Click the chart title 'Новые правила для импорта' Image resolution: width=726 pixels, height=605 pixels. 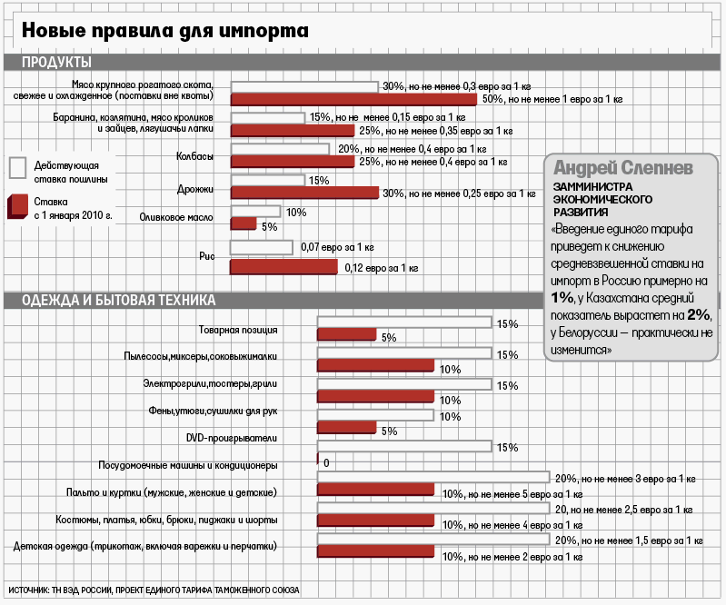click(165, 31)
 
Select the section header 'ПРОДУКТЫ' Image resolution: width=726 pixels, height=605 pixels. click(56, 63)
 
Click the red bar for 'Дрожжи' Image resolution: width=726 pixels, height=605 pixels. click(304, 193)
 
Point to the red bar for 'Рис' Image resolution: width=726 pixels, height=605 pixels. click(283, 266)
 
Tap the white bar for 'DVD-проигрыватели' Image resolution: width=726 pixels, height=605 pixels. click(403, 446)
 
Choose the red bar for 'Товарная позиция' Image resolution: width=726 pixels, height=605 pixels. click(346, 335)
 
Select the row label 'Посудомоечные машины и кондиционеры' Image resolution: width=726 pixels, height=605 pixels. click(187, 465)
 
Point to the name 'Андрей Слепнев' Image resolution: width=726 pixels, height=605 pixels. click(623, 168)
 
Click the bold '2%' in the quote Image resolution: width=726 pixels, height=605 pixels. click(698, 314)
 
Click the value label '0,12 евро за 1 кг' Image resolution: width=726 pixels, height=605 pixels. click(381, 268)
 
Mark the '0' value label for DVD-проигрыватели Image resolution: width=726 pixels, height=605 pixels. click(325, 462)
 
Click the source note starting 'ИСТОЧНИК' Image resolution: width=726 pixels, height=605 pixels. click(154, 590)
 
